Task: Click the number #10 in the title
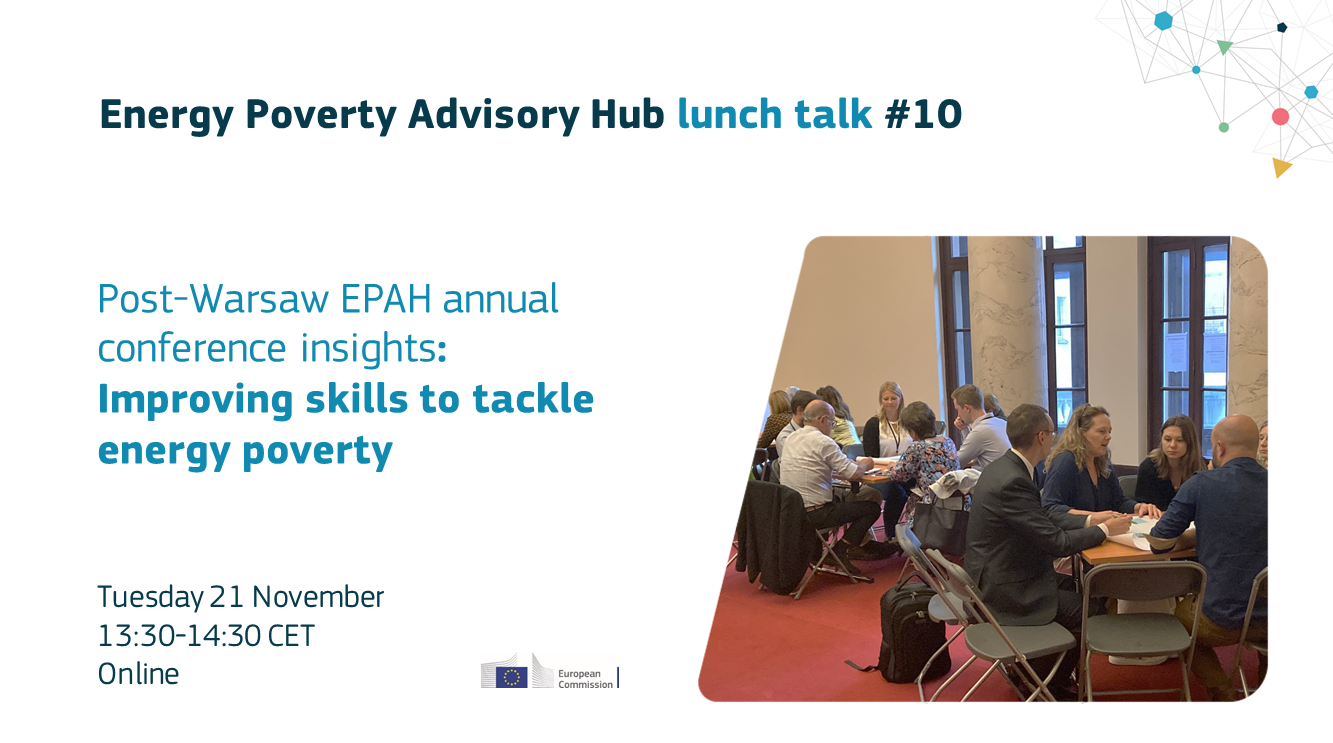[923, 114]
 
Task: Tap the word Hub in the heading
[627, 114]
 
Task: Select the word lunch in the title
[730, 114]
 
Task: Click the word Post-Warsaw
[213, 299]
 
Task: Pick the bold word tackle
[533, 399]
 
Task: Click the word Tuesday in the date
[151, 598]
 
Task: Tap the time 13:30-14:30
[179, 636]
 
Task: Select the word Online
[138, 674]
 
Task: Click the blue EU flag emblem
[511, 677]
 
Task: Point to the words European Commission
[585, 679]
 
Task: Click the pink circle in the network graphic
[1280, 117]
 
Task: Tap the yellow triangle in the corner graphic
[1281, 167]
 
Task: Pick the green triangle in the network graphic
[1224, 46]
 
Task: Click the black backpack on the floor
[910, 634]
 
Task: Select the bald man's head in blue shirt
[1234, 437]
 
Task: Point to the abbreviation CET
[291, 636]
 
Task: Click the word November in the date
[318, 597]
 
